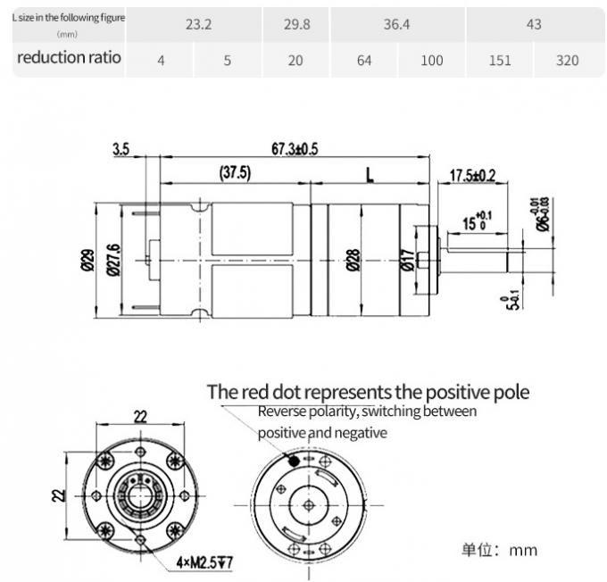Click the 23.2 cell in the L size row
point(197,25)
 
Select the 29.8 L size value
point(296,25)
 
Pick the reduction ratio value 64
point(364,61)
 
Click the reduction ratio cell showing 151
point(499,61)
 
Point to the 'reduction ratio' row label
point(69,59)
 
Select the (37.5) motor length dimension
point(234,172)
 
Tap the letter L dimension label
point(369,173)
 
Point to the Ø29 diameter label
point(87,259)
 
